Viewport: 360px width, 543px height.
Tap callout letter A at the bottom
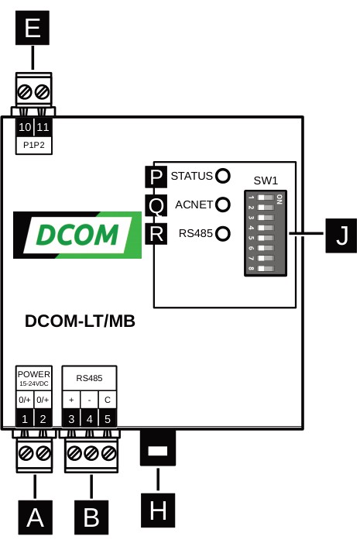35,517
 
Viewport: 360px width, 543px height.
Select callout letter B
91,517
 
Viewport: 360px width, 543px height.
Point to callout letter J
341,234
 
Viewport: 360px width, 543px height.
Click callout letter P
156,177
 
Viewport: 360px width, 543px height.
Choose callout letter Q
156,205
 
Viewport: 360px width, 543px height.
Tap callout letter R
156,233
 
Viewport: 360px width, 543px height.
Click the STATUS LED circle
223,176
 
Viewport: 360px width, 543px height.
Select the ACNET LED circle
223,204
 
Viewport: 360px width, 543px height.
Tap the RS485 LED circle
223,232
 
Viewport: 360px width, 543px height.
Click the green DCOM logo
77,235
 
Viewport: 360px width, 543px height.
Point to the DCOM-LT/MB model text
80,321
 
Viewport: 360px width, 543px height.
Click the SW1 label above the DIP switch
266,180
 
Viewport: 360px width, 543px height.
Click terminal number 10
25,126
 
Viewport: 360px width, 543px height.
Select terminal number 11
43,126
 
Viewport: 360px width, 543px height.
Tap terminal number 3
71,419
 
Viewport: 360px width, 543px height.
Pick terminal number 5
108,419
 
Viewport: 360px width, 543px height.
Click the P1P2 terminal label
34,145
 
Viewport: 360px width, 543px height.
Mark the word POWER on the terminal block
34,374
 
